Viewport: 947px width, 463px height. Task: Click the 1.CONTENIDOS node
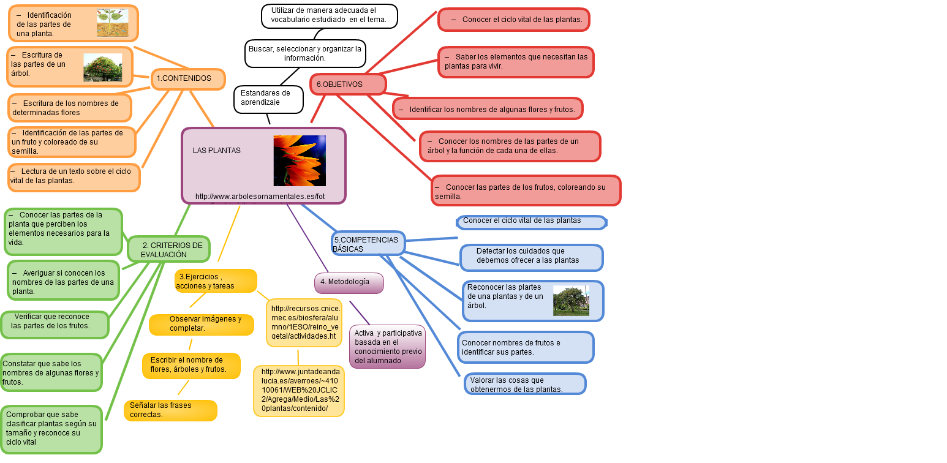point(188,79)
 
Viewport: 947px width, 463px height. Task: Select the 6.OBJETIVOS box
point(347,85)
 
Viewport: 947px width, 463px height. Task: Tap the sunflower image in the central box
point(300,160)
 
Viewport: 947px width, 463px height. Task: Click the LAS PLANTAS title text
point(217,151)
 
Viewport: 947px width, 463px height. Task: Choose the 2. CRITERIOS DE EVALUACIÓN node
point(169,249)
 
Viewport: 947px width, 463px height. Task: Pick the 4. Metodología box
point(349,282)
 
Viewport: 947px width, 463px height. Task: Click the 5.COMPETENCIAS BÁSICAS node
point(368,244)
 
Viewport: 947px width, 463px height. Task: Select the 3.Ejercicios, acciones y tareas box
point(215,281)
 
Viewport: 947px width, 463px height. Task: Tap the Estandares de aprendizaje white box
point(268,99)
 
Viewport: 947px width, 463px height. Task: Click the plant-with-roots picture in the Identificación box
point(112,23)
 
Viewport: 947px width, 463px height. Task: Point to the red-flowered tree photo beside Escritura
point(102,67)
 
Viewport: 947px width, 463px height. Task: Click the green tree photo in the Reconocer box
point(571,301)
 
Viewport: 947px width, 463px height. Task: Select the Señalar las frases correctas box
point(170,410)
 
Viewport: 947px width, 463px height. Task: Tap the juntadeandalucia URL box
point(299,391)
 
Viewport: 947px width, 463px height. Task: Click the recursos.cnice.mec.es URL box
point(304,322)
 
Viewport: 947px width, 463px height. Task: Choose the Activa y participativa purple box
point(388,347)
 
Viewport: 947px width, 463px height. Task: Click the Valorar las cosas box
point(524,384)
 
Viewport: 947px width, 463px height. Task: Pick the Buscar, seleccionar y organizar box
point(305,53)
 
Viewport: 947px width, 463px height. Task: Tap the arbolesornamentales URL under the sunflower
point(260,197)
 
